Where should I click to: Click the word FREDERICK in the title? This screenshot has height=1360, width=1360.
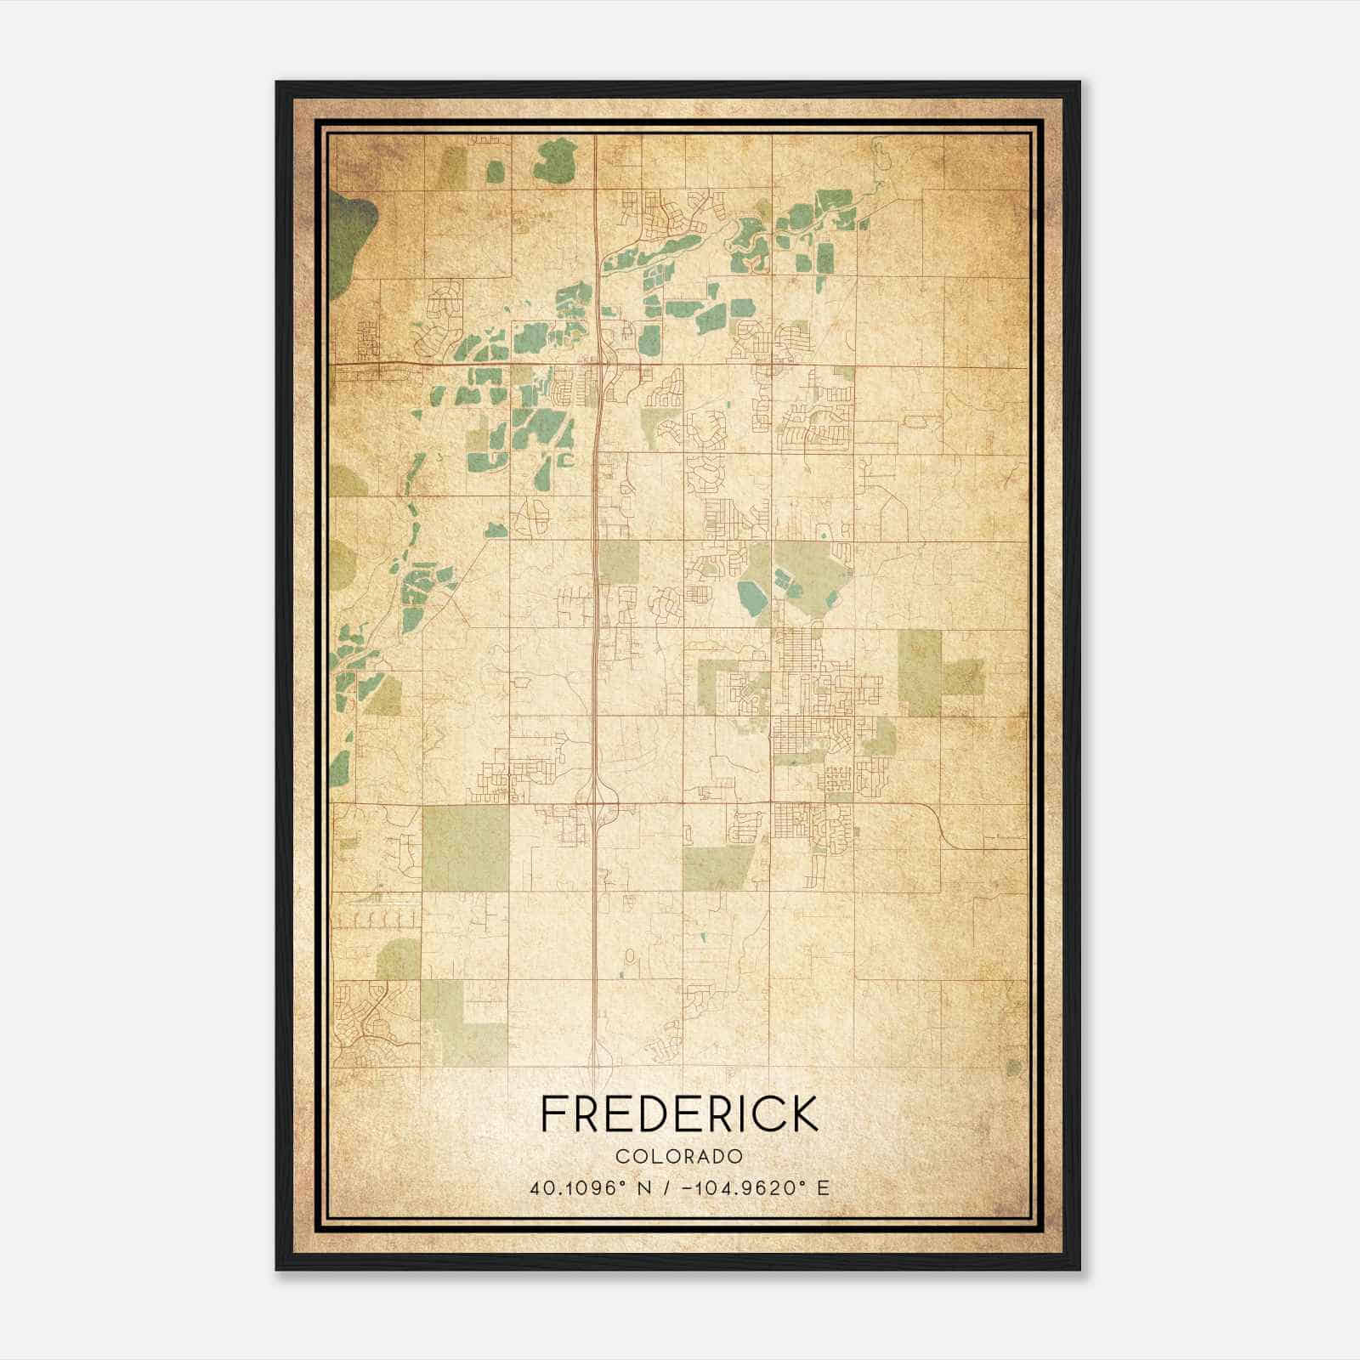[679, 1113]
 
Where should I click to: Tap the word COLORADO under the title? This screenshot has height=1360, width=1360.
[679, 1156]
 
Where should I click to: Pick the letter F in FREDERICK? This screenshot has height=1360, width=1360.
[553, 1113]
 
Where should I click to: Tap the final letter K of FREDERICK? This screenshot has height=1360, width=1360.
[804, 1113]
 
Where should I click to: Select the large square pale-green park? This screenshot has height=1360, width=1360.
[466, 847]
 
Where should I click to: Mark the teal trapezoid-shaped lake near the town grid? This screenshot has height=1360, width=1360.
[752, 597]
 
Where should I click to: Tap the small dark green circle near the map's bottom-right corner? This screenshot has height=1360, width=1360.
[1012, 1066]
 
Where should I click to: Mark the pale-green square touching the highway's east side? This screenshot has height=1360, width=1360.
[618, 561]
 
